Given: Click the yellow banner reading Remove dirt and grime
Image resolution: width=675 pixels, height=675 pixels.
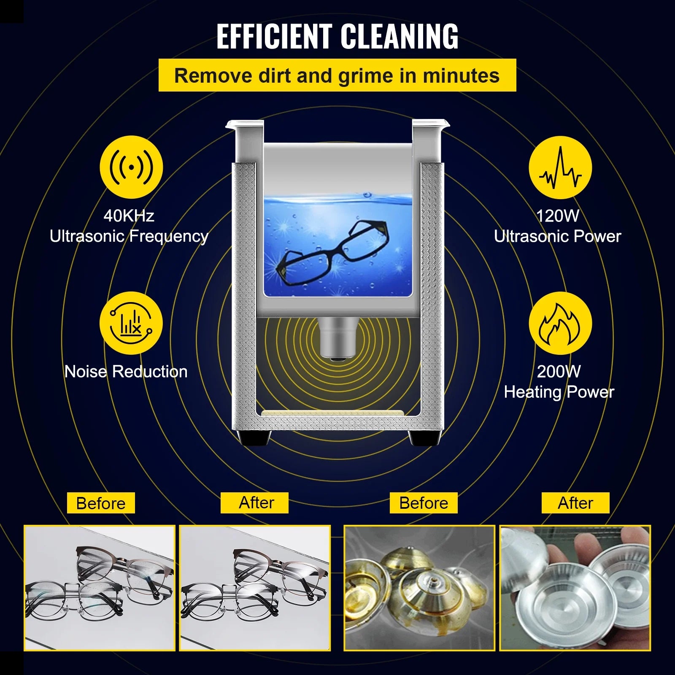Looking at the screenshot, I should [337, 76].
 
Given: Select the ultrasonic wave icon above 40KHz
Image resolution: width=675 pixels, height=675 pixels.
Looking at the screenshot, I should [131, 167].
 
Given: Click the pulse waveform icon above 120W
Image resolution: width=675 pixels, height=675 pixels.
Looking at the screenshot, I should [560, 167].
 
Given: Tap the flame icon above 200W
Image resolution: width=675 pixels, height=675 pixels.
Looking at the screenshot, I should [560, 323].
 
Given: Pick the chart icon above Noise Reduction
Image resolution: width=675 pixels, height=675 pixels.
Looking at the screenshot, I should [131, 323].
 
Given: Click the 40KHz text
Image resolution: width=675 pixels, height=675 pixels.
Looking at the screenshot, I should [129, 216].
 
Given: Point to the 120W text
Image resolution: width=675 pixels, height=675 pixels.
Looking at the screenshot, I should [558, 216].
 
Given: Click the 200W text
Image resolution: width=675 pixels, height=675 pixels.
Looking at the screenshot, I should [559, 371].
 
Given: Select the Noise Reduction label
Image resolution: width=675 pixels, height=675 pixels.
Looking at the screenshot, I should [126, 371].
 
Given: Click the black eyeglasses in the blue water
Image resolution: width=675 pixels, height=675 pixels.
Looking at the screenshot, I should [333, 251].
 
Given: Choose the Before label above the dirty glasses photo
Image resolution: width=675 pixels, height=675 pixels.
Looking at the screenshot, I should [101, 503].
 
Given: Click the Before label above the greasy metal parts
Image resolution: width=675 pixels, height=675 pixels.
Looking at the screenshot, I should [424, 503].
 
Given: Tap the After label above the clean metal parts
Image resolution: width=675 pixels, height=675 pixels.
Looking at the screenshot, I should [575, 503].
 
